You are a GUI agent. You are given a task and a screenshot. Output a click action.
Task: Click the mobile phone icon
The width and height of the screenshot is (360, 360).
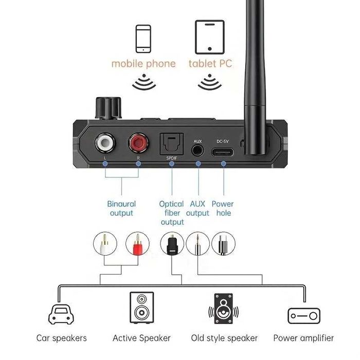point(143,39)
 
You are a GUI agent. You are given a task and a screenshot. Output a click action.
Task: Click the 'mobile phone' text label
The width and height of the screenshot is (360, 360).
point(143,64)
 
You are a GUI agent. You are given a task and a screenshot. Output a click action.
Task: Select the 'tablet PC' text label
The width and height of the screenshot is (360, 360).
point(210,64)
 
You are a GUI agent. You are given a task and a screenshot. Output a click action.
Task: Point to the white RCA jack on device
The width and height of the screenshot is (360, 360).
point(106,141)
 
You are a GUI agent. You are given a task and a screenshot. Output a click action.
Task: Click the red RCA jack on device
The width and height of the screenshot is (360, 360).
point(138,141)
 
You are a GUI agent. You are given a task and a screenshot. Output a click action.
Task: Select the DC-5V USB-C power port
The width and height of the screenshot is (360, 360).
point(223,152)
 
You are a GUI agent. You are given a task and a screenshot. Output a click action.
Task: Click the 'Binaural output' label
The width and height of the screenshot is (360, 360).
point(121,208)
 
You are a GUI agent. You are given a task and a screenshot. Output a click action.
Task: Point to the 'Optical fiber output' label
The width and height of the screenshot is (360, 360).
point(172,213)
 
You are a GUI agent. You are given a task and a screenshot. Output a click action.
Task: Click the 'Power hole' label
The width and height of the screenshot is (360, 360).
point(222,208)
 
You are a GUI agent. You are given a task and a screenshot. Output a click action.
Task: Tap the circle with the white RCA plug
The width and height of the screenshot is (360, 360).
point(105,244)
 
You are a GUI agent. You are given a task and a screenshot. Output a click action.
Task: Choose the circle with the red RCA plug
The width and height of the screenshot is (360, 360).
point(137,244)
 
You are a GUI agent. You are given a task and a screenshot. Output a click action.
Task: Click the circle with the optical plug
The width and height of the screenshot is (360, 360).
point(172,244)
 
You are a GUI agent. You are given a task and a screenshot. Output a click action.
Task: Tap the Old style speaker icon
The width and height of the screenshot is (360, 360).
point(223,309)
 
